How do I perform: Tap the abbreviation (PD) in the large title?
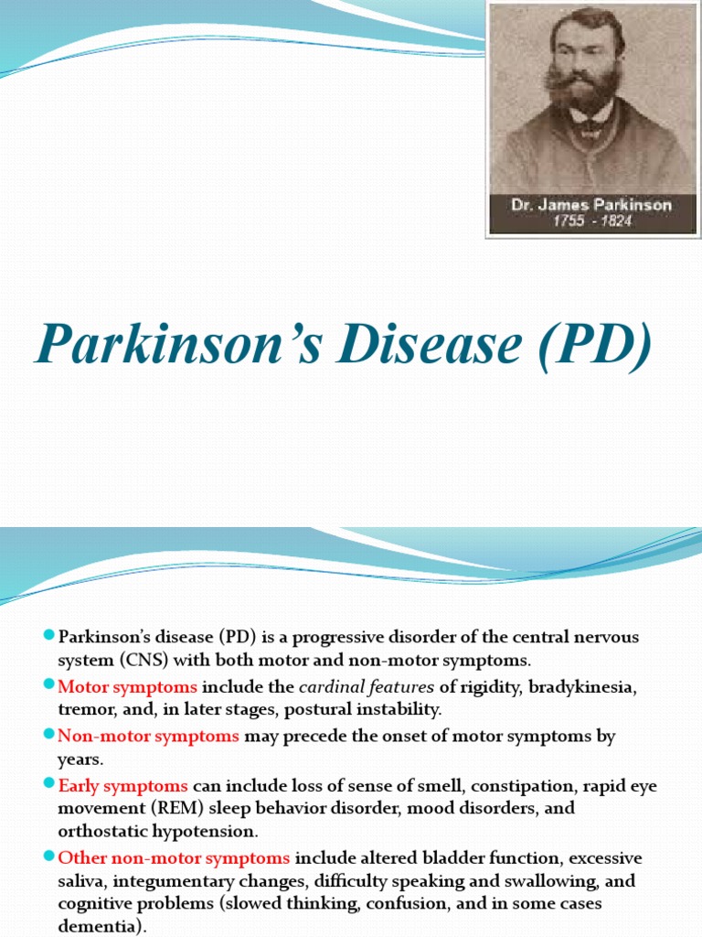pos(597,346)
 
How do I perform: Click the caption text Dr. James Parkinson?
pos(591,205)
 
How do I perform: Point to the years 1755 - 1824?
pos(591,222)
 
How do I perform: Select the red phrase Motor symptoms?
pos(128,686)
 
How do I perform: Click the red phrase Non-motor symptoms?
pos(149,736)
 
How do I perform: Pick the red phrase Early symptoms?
pos(123,786)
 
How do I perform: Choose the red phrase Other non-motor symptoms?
pos(174,858)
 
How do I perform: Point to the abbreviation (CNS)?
pos(140,660)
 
